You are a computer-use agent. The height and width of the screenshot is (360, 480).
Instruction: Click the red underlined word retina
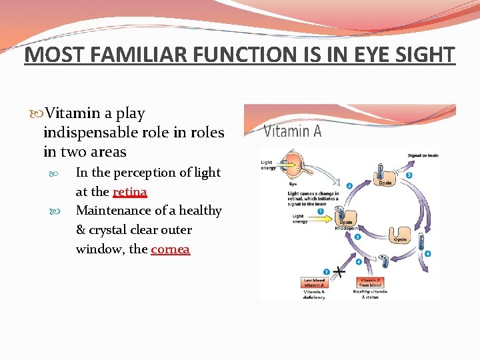click(x=129, y=192)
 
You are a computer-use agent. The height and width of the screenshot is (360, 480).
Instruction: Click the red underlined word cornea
click(x=170, y=249)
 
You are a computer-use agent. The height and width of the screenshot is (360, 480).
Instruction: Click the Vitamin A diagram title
click(x=293, y=131)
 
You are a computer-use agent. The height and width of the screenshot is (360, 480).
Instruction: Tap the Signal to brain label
click(x=423, y=156)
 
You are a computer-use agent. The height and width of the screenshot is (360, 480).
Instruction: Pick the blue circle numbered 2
click(x=349, y=185)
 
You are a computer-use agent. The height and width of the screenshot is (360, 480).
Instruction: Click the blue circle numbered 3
click(x=409, y=175)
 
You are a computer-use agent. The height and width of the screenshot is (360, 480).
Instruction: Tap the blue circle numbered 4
click(x=427, y=253)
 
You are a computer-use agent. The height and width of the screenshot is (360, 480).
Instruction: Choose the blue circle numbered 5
click(x=357, y=236)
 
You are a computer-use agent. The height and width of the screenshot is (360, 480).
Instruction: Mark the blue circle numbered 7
click(x=326, y=271)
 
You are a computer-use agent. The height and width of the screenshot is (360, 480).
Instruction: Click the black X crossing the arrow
click(x=340, y=271)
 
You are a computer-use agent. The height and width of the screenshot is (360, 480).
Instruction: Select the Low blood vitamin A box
click(x=315, y=283)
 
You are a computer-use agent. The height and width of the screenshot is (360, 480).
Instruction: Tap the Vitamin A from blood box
click(x=371, y=283)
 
